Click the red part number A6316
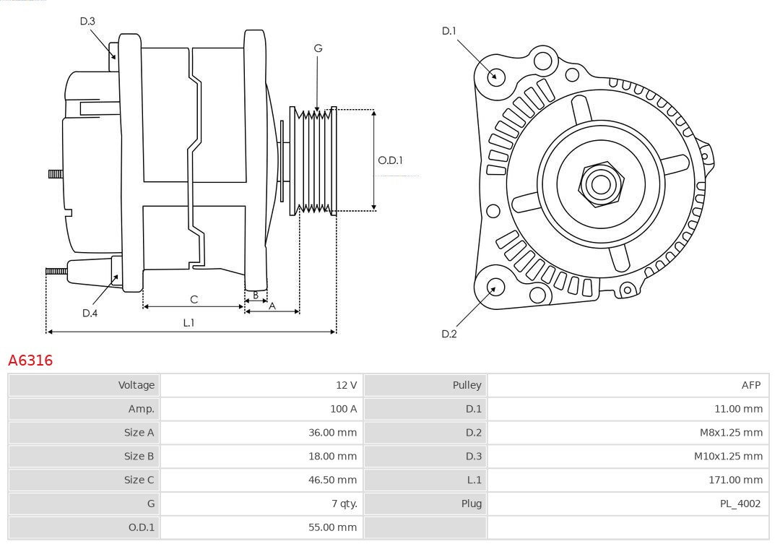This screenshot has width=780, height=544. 30,360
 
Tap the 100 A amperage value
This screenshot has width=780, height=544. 343,409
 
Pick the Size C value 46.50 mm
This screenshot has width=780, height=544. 332,480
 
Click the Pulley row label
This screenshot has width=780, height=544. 467,385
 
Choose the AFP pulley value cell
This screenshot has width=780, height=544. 750,385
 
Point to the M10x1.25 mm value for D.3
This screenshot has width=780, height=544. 727,456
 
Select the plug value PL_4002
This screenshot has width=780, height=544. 740,504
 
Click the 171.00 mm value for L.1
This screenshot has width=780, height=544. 734,480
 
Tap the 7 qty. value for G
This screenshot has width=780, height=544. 344,504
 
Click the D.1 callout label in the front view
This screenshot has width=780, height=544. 448,31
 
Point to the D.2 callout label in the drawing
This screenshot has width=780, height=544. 448,334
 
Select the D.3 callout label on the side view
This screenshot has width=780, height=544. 87,22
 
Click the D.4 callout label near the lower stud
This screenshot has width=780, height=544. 90,313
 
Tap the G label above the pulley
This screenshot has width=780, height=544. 318,48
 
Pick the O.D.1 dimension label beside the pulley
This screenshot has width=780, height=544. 391,160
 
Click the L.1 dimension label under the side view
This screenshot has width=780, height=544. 188,323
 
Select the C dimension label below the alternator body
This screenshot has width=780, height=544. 194,299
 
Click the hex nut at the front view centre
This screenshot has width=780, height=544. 600,184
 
